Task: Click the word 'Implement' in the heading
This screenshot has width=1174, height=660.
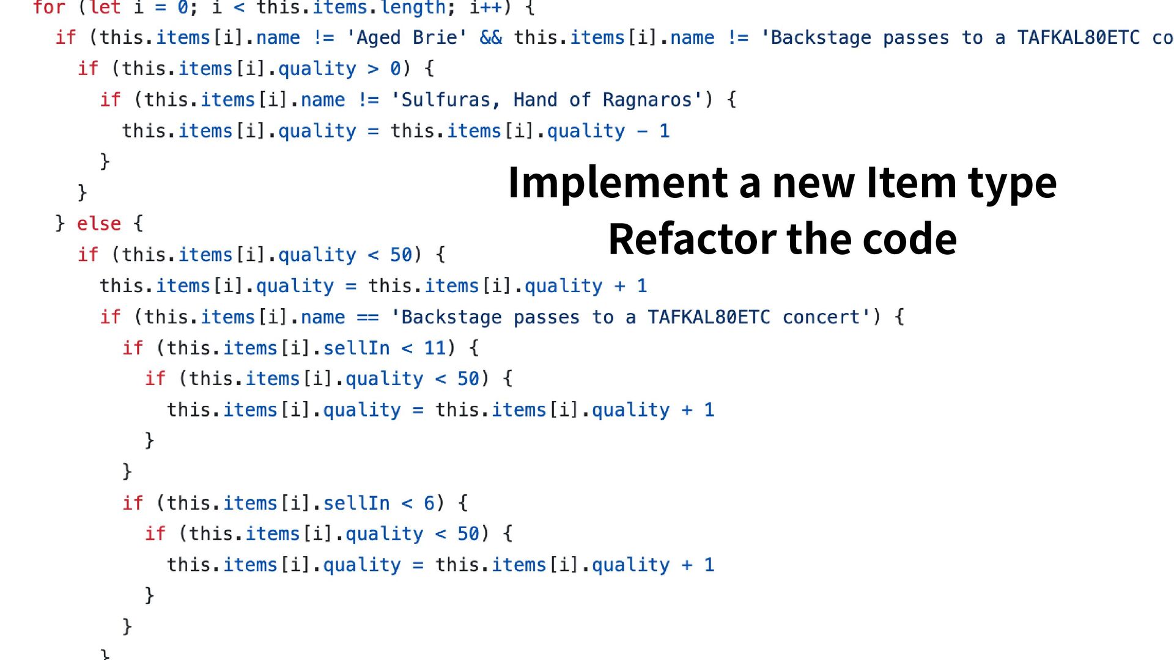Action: coord(618,183)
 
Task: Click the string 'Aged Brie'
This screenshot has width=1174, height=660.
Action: coord(407,38)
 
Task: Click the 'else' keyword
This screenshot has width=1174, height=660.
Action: coord(98,224)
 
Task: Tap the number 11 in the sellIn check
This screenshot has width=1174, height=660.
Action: coord(435,348)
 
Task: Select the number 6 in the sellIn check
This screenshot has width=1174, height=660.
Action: coord(429,504)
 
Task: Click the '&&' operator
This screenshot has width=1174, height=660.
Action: coord(490,38)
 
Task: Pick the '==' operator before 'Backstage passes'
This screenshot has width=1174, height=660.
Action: coord(367,317)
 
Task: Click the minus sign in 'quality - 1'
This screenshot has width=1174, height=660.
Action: coord(642,131)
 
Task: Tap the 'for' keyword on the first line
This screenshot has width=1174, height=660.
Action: coord(49,8)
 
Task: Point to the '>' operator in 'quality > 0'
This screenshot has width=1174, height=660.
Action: coord(373,69)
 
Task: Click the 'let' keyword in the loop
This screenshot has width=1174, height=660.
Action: coord(105,8)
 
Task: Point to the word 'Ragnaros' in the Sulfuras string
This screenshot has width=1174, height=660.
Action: coord(647,100)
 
